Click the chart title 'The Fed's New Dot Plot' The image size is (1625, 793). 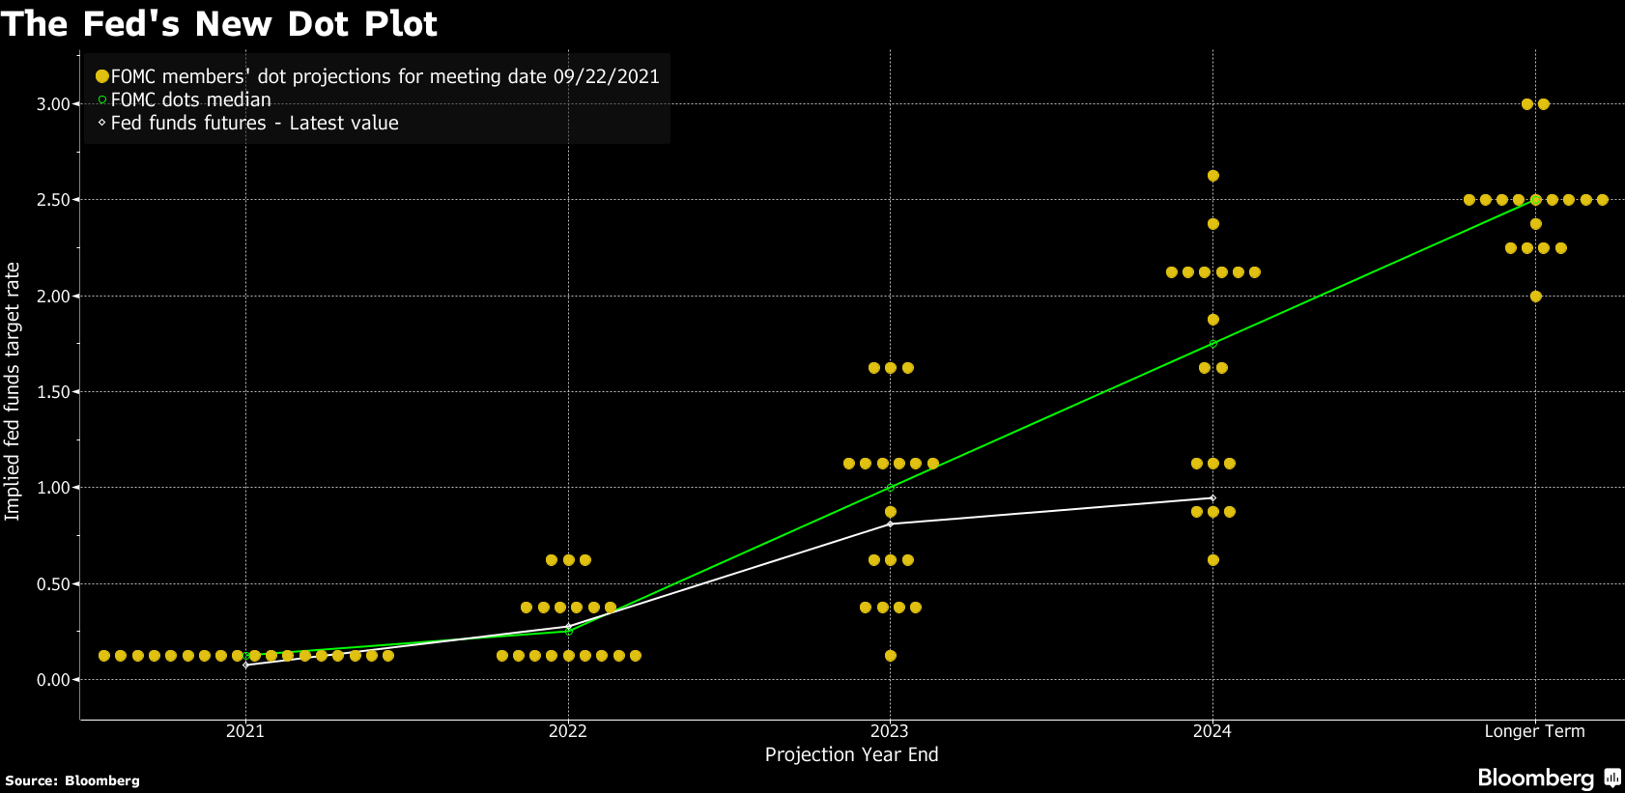pyautogui.click(x=219, y=23)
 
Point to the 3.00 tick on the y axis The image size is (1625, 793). pyautogui.click(x=53, y=104)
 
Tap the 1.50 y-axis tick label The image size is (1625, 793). pyautogui.click(x=53, y=392)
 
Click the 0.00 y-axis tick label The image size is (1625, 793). pyautogui.click(x=53, y=680)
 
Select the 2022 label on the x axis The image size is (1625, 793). pyautogui.click(x=568, y=731)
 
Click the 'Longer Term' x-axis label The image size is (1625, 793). pyautogui.click(x=1534, y=731)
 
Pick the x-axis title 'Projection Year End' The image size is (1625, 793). pyautogui.click(x=851, y=754)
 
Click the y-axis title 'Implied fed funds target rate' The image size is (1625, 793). pyautogui.click(x=13, y=391)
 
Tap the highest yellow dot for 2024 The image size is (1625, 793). pyautogui.click(x=1212, y=176)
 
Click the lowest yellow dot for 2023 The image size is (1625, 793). pyautogui.click(x=890, y=656)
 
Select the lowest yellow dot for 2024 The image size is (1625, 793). pyautogui.click(x=1212, y=560)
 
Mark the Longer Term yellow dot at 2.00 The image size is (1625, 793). pyautogui.click(x=1535, y=297)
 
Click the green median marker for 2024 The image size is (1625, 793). pyautogui.click(x=1212, y=344)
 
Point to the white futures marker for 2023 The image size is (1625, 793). pyautogui.click(x=890, y=524)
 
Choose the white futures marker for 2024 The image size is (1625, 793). pyautogui.click(x=1212, y=498)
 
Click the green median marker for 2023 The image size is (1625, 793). pyautogui.click(x=890, y=488)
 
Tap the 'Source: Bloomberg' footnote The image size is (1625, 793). pyautogui.click(x=72, y=780)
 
